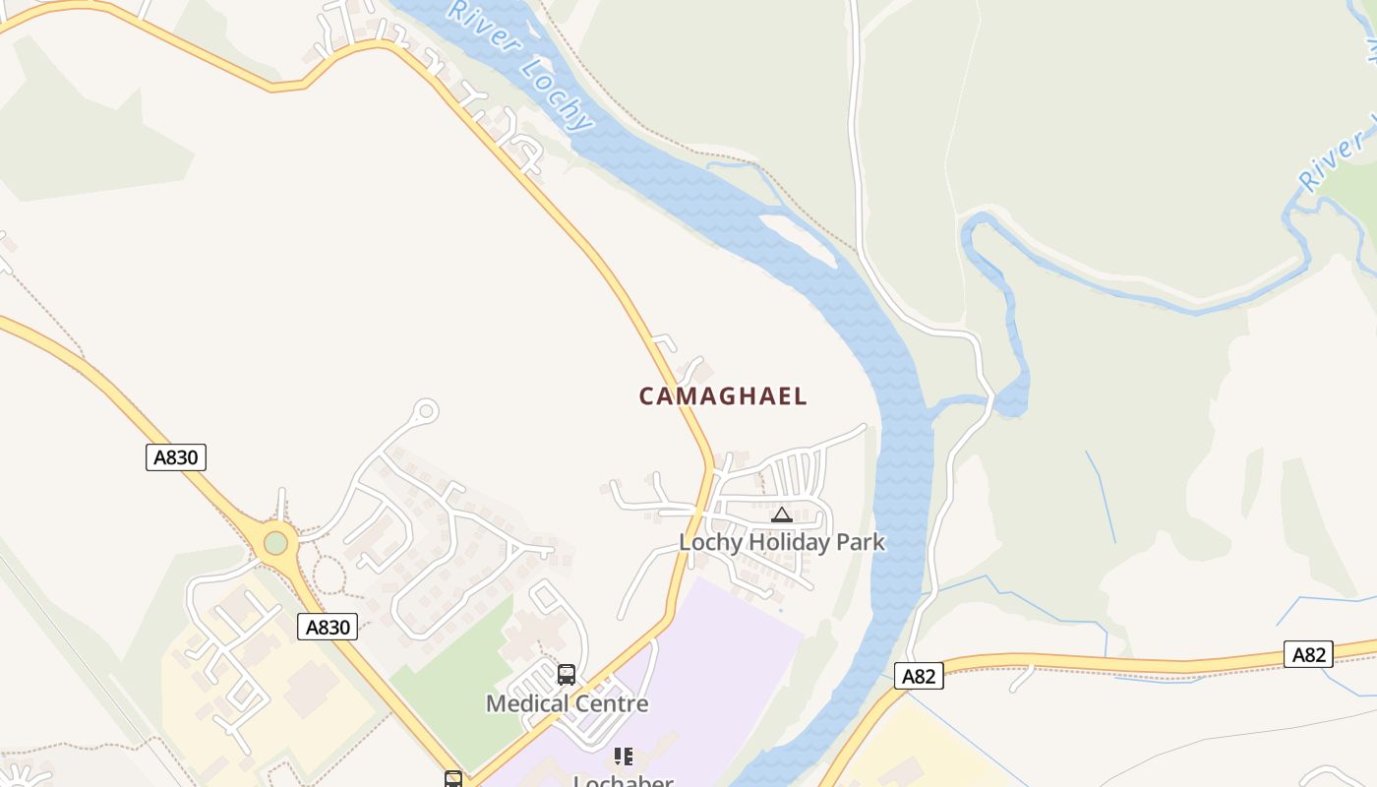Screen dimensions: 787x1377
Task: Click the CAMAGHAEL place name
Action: [723, 396]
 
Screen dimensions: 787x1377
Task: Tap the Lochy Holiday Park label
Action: [782, 542]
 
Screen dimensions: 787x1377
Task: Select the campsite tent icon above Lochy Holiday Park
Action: [782, 515]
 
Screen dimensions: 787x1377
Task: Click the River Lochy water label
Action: [521, 64]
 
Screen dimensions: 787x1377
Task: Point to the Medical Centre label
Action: [568, 703]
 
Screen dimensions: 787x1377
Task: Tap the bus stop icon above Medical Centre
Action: [567, 675]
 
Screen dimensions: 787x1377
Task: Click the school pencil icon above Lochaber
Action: [623, 757]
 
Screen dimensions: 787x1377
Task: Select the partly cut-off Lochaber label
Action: [623, 781]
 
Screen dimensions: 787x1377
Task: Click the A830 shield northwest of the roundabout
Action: [176, 457]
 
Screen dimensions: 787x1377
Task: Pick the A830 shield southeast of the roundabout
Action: [328, 627]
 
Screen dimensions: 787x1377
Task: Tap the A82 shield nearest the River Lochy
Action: [919, 676]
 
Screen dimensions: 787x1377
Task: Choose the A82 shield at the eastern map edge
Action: [1308, 655]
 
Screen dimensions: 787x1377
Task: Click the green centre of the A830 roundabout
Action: [276, 542]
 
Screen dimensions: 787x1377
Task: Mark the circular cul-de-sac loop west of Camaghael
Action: [426, 410]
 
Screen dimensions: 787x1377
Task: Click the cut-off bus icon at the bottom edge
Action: [453, 779]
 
